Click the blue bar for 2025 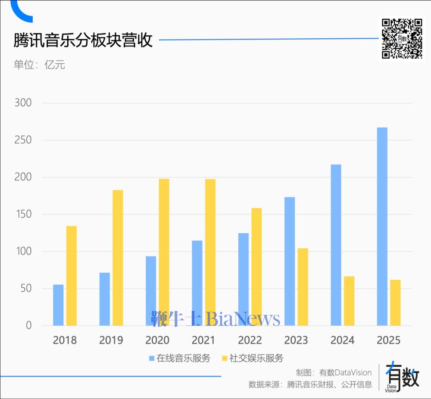(382, 226)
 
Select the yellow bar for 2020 (164, 252)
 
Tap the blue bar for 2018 (58, 305)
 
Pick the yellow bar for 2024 (349, 301)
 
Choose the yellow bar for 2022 (256, 267)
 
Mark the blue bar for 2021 (197, 283)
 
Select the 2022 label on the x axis (250, 340)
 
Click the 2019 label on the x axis (111, 340)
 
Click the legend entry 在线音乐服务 (179, 358)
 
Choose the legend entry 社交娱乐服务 (252, 358)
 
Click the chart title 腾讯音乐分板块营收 (83, 40)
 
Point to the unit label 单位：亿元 (39, 65)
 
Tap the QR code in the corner (402, 38)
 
